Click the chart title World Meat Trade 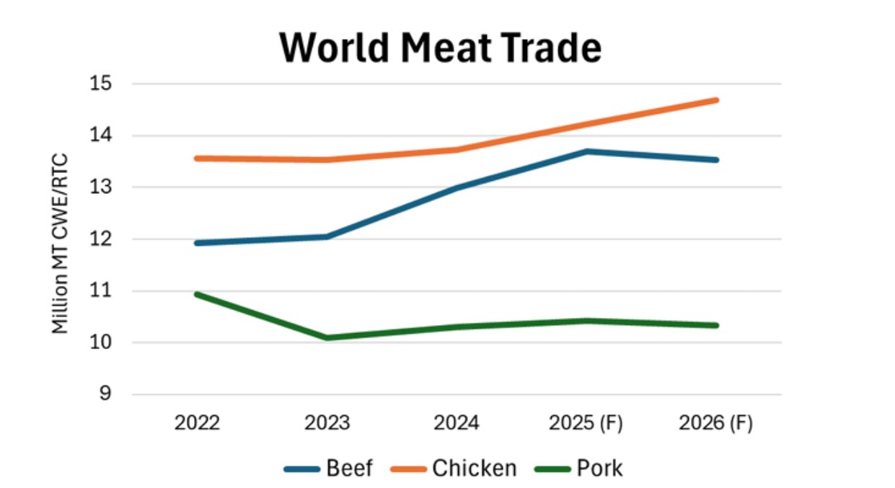point(440,48)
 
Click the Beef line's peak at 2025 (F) point(587,151)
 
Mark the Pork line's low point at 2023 point(327,337)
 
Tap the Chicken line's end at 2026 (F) point(715,100)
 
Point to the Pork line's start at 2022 point(198,294)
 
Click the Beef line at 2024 point(457,187)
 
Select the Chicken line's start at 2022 point(198,158)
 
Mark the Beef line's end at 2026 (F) point(715,160)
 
